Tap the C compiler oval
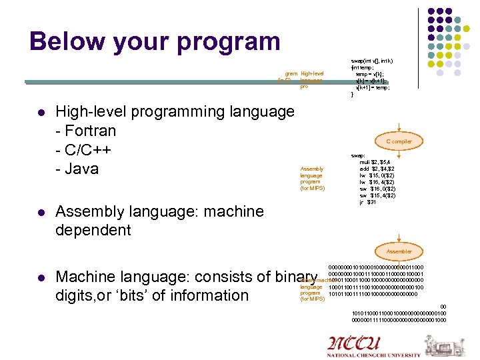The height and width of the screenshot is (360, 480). tap(399, 141)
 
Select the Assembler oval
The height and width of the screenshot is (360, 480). tap(399, 251)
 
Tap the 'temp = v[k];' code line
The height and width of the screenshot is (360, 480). tap(370, 75)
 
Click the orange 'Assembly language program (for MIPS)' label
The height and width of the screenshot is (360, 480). tap(312, 179)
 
